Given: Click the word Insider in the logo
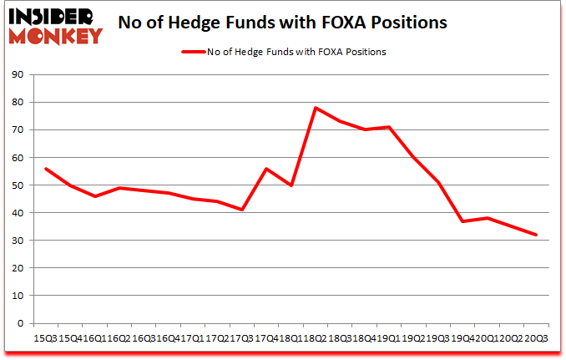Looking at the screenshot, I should (x=55, y=16).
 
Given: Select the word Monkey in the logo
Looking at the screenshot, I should (x=55, y=35).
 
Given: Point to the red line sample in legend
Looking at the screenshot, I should (x=194, y=51).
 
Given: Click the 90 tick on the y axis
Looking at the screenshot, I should (x=17, y=75).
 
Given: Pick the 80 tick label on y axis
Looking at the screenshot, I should (x=17, y=103).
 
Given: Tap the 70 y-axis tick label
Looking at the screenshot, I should (x=17, y=130).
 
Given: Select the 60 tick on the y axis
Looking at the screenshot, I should (x=17, y=158).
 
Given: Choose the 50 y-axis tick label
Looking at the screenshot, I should (x=17, y=185).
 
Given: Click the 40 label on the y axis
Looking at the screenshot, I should (x=17, y=213).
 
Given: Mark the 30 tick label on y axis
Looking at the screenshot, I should (x=17, y=241).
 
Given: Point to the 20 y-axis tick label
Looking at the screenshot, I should (x=17, y=268).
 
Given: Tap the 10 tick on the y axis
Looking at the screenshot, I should (x=17, y=296).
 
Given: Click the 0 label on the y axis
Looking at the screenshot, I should (x=20, y=323).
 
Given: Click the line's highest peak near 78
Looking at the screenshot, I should (x=316, y=108).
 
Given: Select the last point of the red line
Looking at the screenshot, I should (x=537, y=235).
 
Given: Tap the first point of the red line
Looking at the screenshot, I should (x=45, y=169).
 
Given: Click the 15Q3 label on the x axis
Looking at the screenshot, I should (x=45, y=337).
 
